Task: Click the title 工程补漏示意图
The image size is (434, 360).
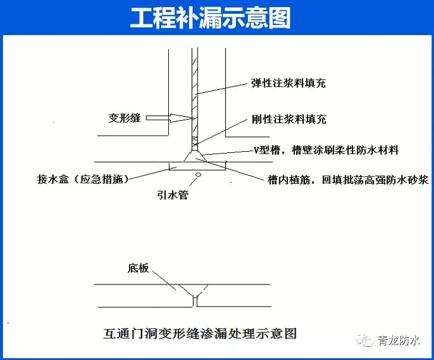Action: click(x=210, y=18)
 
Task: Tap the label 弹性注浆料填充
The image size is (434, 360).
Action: click(x=288, y=83)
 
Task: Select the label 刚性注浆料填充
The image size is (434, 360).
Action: click(x=289, y=120)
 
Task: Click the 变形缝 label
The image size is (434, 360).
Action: click(x=125, y=118)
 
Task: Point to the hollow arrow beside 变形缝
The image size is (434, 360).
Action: click(x=169, y=118)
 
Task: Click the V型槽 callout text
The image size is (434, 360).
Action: click(x=326, y=150)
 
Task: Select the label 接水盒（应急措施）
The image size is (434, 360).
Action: click(x=83, y=179)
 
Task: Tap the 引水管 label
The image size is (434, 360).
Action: click(x=173, y=195)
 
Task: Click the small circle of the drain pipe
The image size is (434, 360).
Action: click(x=198, y=174)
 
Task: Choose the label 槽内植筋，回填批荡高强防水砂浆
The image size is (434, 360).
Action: click(x=348, y=180)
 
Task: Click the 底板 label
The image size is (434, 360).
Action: click(x=138, y=268)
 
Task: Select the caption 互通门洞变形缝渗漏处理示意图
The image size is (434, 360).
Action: click(x=200, y=333)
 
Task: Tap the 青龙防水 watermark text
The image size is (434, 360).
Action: click(x=399, y=340)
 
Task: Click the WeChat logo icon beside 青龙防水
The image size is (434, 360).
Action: click(x=364, y=340)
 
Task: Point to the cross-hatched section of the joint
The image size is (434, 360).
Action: click(x=195, y=141)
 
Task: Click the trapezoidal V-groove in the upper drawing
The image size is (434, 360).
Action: click(x=195, y=156)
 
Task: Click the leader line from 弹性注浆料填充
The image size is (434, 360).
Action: click(x=221, y=89)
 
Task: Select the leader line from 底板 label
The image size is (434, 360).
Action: click(x=164, y=280)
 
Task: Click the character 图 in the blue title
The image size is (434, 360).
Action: click(x=280, y=18)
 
